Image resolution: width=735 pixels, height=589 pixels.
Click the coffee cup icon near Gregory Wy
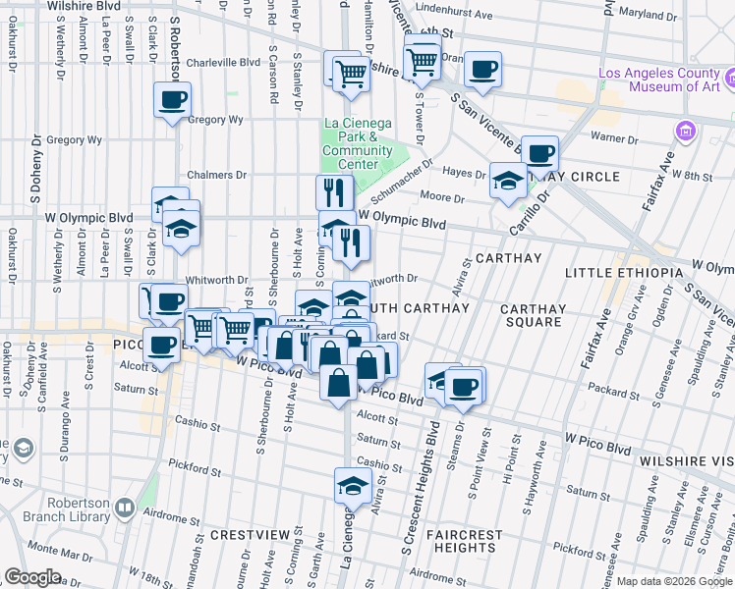(172, 99)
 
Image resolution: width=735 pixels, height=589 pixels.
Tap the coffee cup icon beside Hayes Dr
(539, 153)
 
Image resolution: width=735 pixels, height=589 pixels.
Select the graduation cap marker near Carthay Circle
(507, 181)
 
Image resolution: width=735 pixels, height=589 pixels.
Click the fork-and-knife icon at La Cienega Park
(334, 192)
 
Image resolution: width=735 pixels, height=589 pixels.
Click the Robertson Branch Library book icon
(124, 508)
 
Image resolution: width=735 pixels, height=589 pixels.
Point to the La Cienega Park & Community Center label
(357, 143)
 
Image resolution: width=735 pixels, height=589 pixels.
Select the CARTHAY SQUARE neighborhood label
(534, 316)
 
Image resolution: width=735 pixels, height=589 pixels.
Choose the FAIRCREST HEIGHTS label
(465, 541)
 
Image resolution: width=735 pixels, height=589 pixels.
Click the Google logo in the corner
(32, 577)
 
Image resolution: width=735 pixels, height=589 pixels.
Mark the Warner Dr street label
(614, 137)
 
